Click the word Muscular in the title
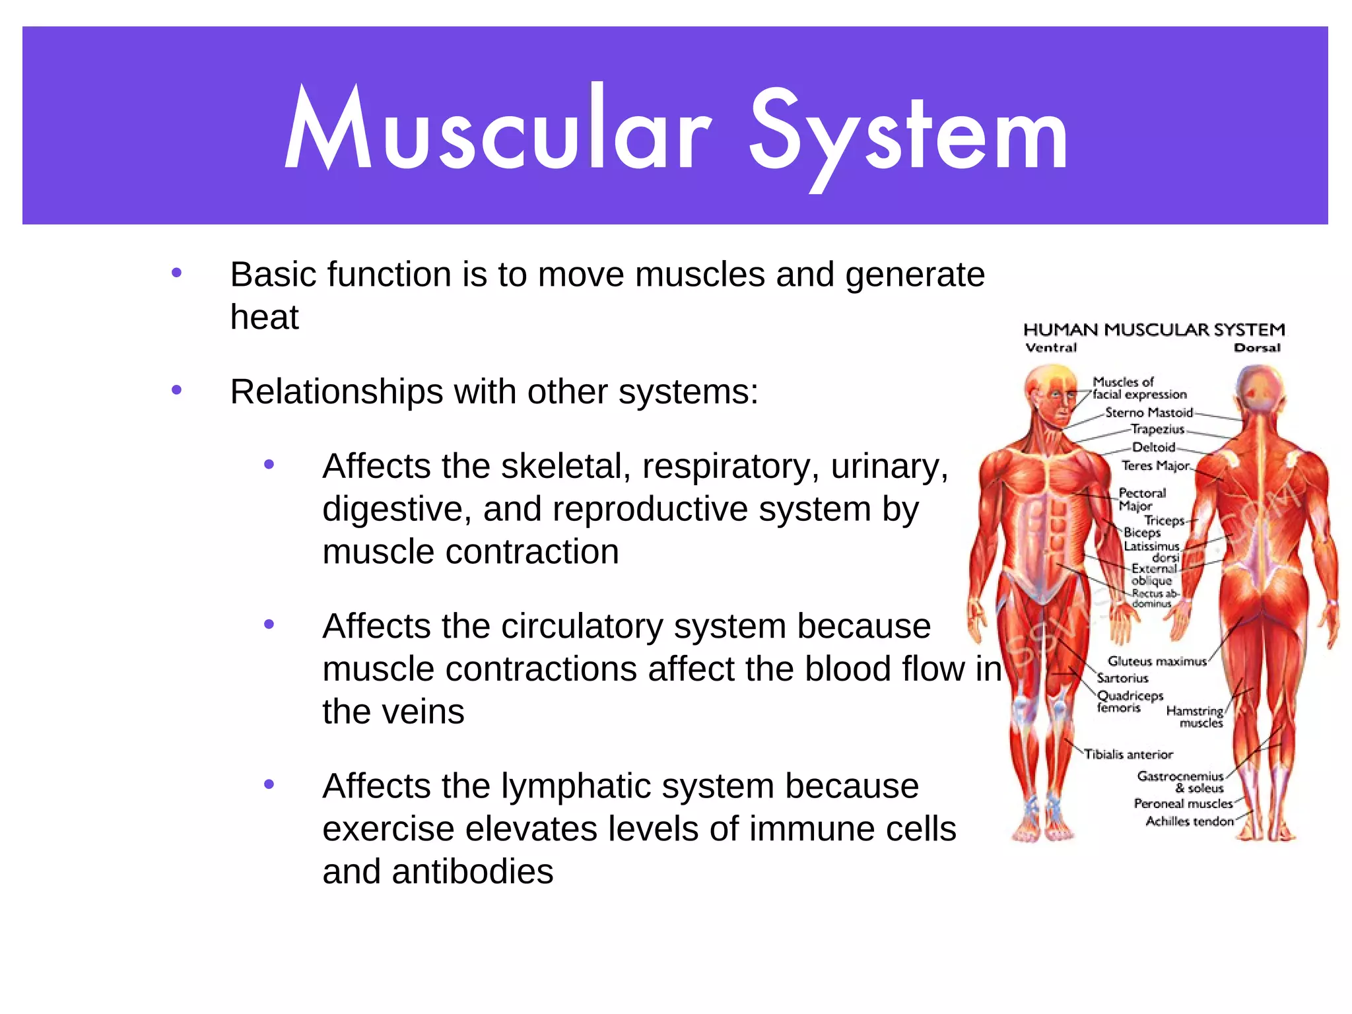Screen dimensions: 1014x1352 pyautogui.click(x=498, y=129)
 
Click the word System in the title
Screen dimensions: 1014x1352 pyautogui.click(x=908, y=132)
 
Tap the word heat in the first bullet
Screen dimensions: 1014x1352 pyautogui.click(x=264, y=317)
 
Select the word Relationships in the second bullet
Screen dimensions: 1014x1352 pyautogui.click(x=336, y=392)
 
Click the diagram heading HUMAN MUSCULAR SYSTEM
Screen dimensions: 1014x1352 pyautogui.click(x=1154, y=329)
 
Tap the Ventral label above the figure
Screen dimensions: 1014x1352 pyautogui.click(x=1051, y=348)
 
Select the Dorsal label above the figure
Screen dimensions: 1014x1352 pyautogui.click(x=1257, y=348)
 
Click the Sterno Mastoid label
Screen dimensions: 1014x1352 pyautogui.click(x=1149, y=413)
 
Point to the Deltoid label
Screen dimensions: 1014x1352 pyautogui.click(x=1153, y=447)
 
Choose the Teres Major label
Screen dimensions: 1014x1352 pyautogui.click(x=1155, y=465)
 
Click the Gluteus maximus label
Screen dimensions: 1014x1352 pyautogui.click(x=1157, y=661)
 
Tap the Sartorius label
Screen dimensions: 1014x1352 pyautogui.click(x=1122, y=678)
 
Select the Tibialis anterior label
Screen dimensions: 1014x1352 pyautogui.click(x=1128, y=754)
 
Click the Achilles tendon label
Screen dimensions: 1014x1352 pyautogui.click(x=1190, y=821)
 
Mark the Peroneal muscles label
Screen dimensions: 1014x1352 pyautogui.click(x=1183, y=803)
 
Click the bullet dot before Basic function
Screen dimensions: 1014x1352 pyautogui.click(x=176, y=273)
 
